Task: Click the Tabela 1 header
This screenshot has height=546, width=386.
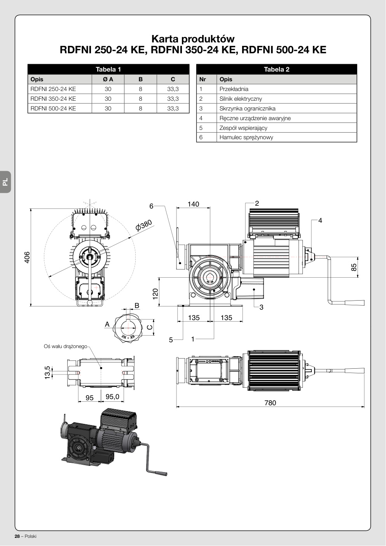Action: pyautogui.click(x=108, y=69)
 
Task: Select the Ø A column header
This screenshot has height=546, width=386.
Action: pyautogui.click(x=108, y=79)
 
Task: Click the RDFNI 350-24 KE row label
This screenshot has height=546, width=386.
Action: pyautogui.click(x=53, y=99)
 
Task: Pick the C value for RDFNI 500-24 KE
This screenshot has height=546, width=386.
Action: pyautogui.click(x=173, y=108)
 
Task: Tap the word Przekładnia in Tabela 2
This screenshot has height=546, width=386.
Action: pyautogui.click(x=234, y=89)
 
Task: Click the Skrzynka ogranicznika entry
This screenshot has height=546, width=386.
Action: pyautogui.click(x=247, y=108)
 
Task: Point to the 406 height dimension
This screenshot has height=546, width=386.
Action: pyautogui.click(x=27, y=257)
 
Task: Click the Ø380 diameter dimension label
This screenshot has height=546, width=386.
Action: pyautogui.click(x=144, y=225)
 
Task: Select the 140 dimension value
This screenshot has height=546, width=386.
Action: pyautogui.click(x=193, y=204)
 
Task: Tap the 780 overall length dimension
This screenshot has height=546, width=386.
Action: pyautogui.click(x=270, y=402)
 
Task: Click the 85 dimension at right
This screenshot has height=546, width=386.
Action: pyautogui.click(x=354, y=267)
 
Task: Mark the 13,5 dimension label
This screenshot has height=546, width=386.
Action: pyautogui.click(x=47, y=373)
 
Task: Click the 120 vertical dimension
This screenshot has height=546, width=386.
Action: pyautogui.click(x=155, y=294)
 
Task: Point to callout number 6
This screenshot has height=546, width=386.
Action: pyautogui.click(x=151, y=206)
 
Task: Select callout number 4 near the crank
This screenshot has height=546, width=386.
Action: pyautogui.click(x=320, y=220)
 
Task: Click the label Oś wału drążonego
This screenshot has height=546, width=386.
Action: pyautogui.click(x=65, y=346)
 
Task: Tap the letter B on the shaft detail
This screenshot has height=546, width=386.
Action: pyautogui.click(x=137, y=305)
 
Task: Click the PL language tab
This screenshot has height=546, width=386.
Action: pyautogui.click(x=5, y=182)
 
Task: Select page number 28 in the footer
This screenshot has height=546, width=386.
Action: pyautogui.click(x=17, y=536)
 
